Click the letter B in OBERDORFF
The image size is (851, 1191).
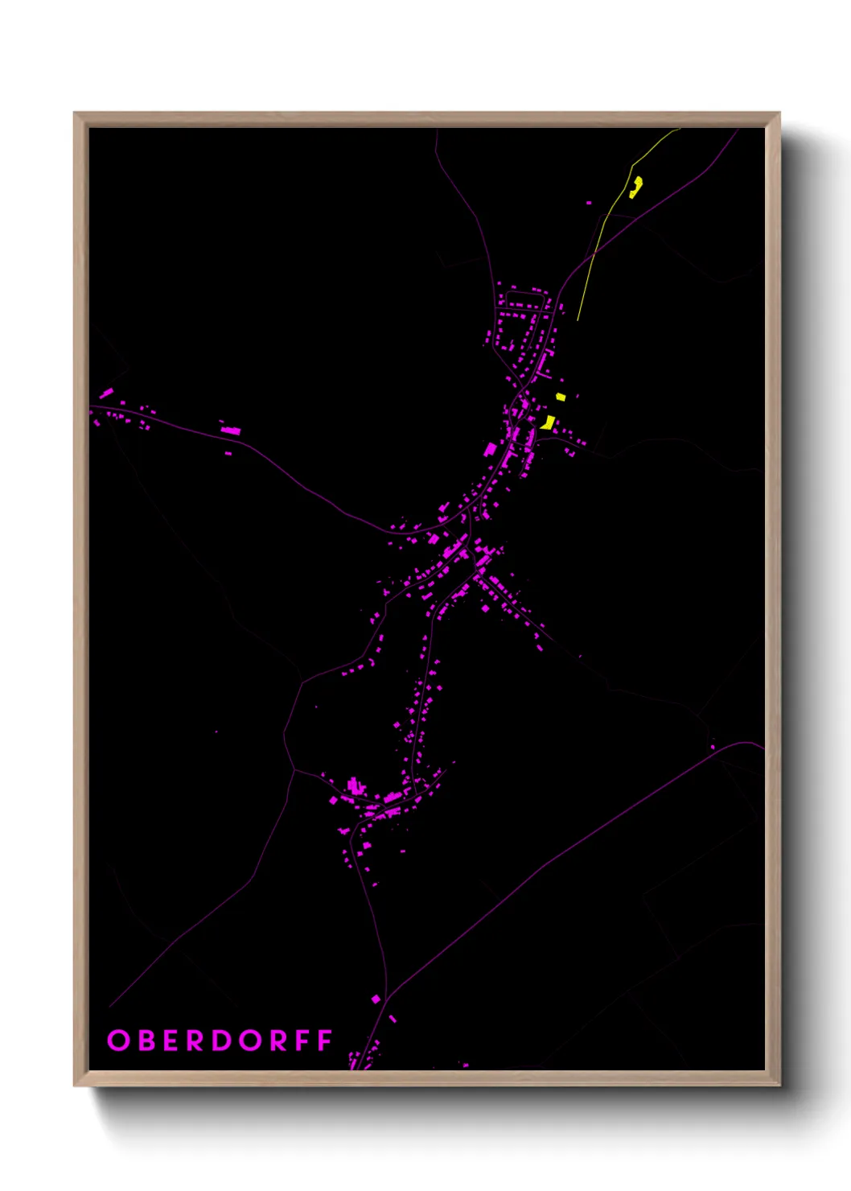[x=146, y=1041]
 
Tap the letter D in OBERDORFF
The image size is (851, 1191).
[x=223, y=1041]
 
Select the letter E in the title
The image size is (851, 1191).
[x=171, y=1041]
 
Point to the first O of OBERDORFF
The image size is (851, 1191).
[x=118, y=1041]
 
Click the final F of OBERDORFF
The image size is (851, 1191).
[x=325, y=1041]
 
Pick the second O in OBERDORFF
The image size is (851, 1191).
[x=250, y=1041]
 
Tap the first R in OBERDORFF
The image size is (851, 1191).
[x=196, y=1041]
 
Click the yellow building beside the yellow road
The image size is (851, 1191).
[x=635, y=188]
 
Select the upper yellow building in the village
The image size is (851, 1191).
[x=561, y=397]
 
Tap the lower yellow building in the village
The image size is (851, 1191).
[x=549, y=422]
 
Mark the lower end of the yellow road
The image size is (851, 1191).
[x=578, y=319]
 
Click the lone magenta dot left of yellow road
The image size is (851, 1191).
[x=589, y=203]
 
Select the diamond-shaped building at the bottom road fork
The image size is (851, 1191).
[x=376, y=999]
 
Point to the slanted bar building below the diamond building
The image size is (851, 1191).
[x=393, y=1019]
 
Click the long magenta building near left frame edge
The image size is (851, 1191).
[x=106, y=394]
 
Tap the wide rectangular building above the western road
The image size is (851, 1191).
[x=230, y=431]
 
